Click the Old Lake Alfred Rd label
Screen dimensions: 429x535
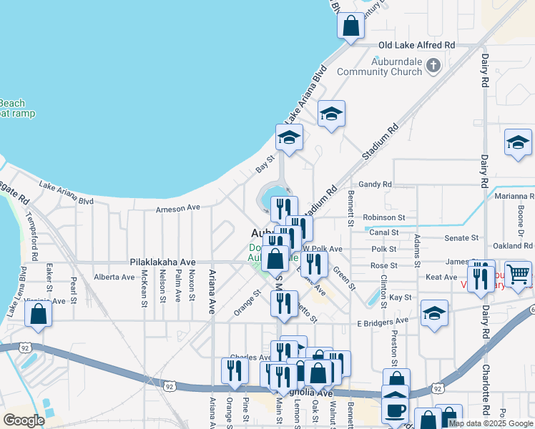(x=416, y=45)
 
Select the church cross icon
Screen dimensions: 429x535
(x=433, y=66)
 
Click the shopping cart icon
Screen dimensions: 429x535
(x=518, y=274)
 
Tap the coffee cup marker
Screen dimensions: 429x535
(x=396, y=410)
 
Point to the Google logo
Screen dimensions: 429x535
(x=24, y=420)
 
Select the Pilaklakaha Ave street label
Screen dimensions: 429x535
(x=162, y=262)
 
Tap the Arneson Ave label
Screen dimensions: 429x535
(x=179, y=209)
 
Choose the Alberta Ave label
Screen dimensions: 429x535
(x=114, y=277)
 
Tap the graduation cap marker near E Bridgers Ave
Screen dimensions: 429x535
(x=434, y=313)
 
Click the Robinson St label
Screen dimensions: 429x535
(x=384, y=217)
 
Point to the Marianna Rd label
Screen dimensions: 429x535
(x=513, y=196)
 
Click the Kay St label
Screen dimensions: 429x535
(x=401, y=297)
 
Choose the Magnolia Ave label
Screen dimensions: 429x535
(x=313, y=393)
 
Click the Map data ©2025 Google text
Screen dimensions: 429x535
(x=491, y=423)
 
